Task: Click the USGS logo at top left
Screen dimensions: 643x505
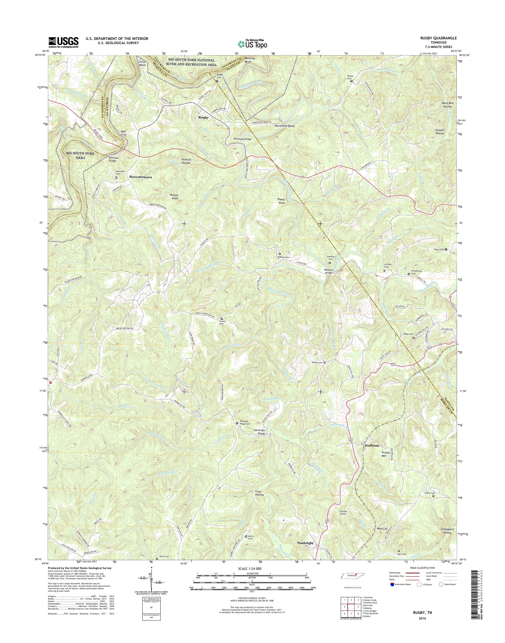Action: coord(63,42)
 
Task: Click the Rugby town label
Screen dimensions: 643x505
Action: coord(203,117)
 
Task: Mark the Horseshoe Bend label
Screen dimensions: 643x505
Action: coord(282,126)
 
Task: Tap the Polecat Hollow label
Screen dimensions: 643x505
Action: coord(186,161)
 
